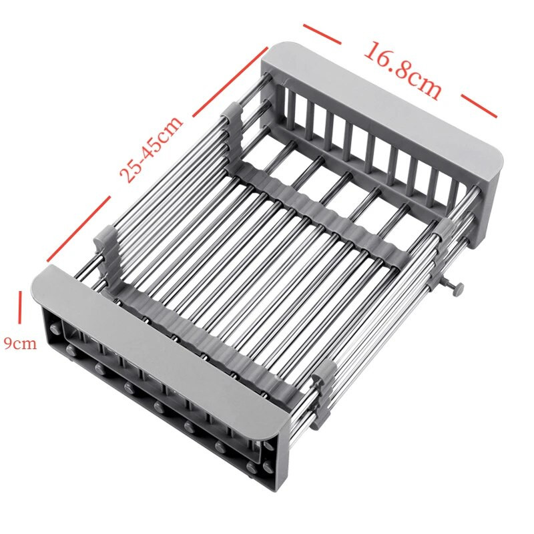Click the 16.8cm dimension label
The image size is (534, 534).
click(x=403, y=71)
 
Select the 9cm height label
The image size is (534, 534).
click(x=20, y=343)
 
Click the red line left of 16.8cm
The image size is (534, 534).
click(x=322, y=34)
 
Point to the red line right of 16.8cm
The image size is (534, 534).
click(x=479, y=105)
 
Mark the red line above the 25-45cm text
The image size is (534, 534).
click(x=230, y=81)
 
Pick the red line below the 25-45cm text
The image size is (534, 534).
click(x=79, y=228)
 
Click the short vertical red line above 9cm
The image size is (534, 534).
click(x=21, y=307)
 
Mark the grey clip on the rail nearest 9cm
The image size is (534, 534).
click(x=105, y=253)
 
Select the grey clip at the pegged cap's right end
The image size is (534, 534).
click(x=324, y=394)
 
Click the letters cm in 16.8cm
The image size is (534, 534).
click(x=425, y=85)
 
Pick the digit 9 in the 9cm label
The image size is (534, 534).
click(x=8, y=344)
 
